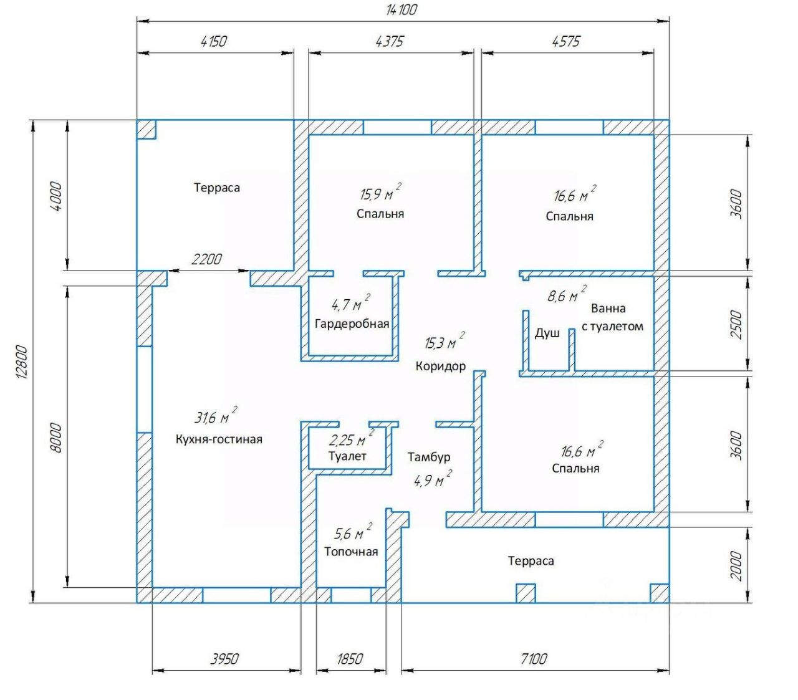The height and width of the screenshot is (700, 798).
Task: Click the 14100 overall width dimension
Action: (x=401, y=9)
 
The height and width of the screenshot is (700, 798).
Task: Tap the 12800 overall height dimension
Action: (x=22, y=362)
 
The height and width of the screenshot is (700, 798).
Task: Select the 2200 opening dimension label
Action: (x=206, y=259)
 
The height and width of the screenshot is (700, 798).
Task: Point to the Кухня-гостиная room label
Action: (x=219, y=439)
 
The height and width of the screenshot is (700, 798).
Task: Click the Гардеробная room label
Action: (x=352, y=324)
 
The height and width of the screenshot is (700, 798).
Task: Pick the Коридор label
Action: (x=440, y=367)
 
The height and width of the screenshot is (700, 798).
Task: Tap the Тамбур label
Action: (x=428, y=457)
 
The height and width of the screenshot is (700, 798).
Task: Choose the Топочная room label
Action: (x=351, y=552)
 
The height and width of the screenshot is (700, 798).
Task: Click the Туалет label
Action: (x=347, y=456)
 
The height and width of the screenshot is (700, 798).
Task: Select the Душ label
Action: (x=547, y=333)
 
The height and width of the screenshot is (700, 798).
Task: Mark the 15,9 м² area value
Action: (x=380, y=192)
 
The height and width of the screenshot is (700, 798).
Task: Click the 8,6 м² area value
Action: (x=567, y=294)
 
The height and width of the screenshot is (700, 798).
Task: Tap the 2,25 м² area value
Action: (x=352, y=438)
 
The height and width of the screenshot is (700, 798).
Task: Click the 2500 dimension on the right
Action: (x=736, y=325)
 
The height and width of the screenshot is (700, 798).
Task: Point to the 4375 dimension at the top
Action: (x=390, y=41)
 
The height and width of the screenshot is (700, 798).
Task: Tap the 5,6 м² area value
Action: (x=353, y=532)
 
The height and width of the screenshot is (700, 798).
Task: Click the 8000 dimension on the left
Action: (x=57, y=438)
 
